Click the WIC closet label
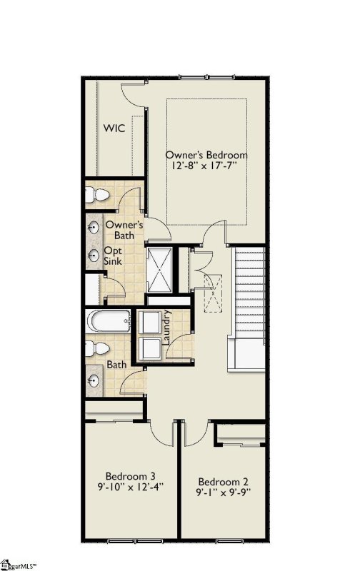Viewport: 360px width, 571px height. point(115,128)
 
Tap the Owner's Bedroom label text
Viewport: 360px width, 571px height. point(206,155)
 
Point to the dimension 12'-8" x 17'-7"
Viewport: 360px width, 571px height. point(206,166)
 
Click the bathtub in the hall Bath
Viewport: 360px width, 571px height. point(108,322)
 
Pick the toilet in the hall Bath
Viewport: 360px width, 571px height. point(96,349)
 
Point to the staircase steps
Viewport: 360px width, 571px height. point(250,293)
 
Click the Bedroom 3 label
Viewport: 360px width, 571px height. point(131,476)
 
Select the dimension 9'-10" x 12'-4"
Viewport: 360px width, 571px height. point(131,487)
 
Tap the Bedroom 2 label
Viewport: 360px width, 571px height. point(224,480)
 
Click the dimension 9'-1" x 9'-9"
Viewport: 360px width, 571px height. point(224,492)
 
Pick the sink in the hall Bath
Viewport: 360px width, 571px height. point(94,376)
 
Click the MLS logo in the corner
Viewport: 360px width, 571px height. point(21,565)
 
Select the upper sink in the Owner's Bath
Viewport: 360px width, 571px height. point(94,228)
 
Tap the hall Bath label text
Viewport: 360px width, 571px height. point(117,365)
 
